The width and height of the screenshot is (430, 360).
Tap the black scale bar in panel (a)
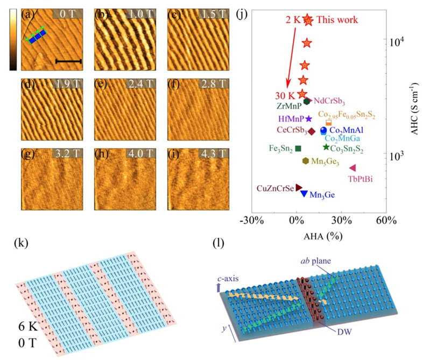(x=68, y=61)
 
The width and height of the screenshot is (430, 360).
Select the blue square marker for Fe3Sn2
(x=298, y=149)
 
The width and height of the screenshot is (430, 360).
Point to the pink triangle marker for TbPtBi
(x=353, y=168)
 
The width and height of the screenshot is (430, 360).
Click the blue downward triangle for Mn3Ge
(x=304, y=194)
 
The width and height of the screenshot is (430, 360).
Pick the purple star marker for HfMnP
(x=308, y=119)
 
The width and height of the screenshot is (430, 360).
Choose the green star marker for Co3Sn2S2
(x=326, y=147)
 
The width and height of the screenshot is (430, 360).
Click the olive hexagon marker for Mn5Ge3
(x=306, y=161)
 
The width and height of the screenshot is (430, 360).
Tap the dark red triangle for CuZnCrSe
(x=299, y=188)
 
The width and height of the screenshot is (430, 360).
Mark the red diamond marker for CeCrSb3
(x=312, y=131)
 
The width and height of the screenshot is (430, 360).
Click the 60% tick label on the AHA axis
(x=386, y=220)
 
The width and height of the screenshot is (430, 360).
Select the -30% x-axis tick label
(x=252, y=220)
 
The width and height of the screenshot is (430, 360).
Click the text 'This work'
(x=337, y=20)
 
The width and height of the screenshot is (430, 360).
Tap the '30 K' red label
(x=285, y=96)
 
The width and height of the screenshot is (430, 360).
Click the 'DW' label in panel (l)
(x=344, y=332)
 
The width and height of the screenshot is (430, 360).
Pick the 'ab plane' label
(x=316, y=261)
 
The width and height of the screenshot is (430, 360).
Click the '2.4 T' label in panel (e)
(x=140, y=83)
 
